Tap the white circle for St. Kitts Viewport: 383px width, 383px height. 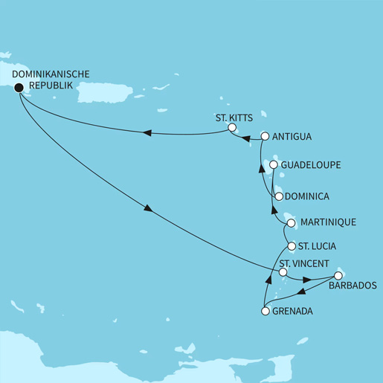point(232,129)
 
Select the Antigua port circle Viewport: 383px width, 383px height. point(264,137)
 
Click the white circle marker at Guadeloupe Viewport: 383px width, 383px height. point(274,164)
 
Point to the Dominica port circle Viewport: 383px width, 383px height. point(278,197)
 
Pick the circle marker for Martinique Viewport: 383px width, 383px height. point(290,222)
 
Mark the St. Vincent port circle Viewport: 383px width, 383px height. point(283,273)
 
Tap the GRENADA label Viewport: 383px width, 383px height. point(293,312)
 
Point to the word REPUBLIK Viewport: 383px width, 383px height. point(51,86)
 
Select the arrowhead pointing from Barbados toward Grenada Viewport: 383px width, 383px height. point(301,292)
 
